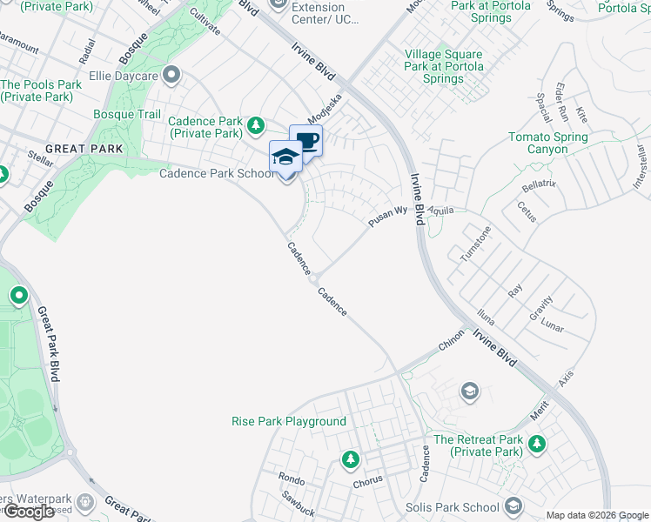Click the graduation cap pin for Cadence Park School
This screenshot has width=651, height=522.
[x=285, y=158]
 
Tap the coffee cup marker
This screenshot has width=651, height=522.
[x=305, y=141]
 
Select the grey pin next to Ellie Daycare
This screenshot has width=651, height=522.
[x=171, y=76]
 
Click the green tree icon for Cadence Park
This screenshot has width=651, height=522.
[x=256, y=127]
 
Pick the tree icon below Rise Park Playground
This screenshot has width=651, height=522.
[x=350, y=458]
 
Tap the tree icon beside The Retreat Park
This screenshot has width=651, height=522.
[x=537, y=445]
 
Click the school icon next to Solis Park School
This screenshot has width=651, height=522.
[x=513, y=506]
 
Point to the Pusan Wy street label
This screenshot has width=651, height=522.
[x=387, y=217]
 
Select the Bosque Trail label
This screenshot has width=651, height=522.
[x=127, y=114]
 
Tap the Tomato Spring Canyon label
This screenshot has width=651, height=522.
[x=548, y=144]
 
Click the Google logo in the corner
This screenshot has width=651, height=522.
[x=29, y=512]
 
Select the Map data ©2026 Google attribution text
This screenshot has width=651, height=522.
[x=596, y=515]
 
